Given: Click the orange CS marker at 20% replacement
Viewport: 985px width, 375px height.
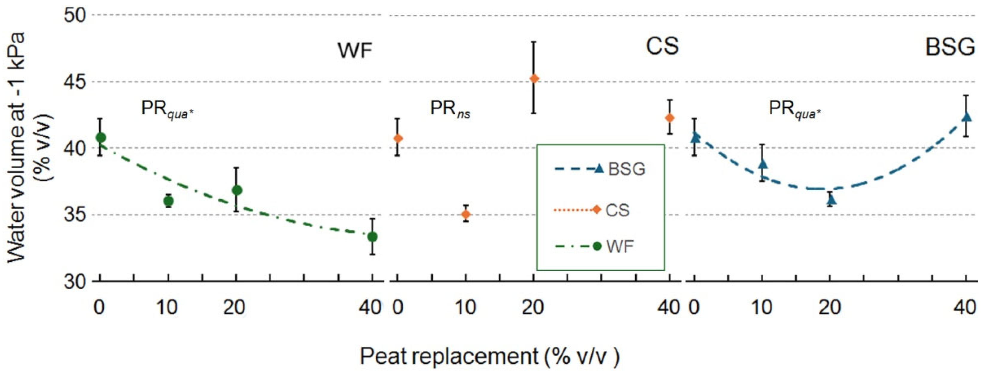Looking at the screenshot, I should pos(534,79).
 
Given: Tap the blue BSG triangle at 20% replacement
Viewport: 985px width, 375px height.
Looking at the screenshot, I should pos(831,199).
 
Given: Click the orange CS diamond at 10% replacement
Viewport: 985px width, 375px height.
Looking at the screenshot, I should pos(466,214).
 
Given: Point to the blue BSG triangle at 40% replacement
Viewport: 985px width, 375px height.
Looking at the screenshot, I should pos(967,116).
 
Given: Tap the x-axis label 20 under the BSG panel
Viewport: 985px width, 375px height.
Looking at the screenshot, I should pos(830,307).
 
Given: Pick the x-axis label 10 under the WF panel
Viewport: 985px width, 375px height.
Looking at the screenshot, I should pos(167,307).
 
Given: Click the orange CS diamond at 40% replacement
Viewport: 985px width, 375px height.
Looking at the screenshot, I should pos(669,118).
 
